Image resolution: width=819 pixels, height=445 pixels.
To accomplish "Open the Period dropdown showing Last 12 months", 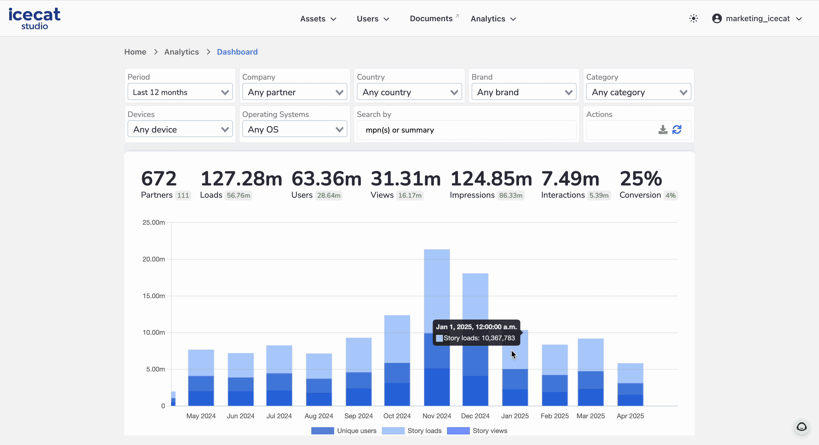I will [180, 92].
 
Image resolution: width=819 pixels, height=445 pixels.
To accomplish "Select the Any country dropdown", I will [409, 92].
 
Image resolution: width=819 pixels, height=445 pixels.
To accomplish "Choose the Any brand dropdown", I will [524, 92].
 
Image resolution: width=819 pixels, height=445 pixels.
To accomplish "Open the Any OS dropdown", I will [294, 129].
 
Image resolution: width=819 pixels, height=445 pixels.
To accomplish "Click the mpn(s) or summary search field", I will [466, 130].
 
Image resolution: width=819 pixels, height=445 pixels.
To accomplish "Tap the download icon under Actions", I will [662, 130].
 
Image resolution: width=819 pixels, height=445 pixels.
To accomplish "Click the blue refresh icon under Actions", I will [677, 130].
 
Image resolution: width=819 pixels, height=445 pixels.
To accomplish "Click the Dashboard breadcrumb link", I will [237, 52].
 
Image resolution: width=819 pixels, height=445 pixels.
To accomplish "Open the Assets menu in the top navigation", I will [318, 19].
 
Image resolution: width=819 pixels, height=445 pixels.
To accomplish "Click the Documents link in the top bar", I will [431, 18].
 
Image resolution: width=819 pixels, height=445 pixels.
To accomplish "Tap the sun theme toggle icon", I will [693, 18].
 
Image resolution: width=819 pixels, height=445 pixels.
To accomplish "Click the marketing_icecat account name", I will [757, 18].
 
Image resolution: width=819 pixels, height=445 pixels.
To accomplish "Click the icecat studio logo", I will [34, 18].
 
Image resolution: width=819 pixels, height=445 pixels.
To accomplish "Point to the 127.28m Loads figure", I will [241, 179].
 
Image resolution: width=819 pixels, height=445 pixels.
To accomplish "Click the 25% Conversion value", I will [641, 179].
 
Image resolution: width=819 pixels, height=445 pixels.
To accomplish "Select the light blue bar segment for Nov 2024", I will [437, 286].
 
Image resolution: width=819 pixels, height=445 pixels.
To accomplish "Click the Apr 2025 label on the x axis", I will [630, 416].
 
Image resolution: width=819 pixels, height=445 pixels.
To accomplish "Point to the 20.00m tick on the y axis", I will [153, 259].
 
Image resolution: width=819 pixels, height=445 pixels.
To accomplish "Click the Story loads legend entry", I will [424, 431].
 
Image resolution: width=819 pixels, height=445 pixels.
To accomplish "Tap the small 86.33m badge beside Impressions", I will [511, 195].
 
